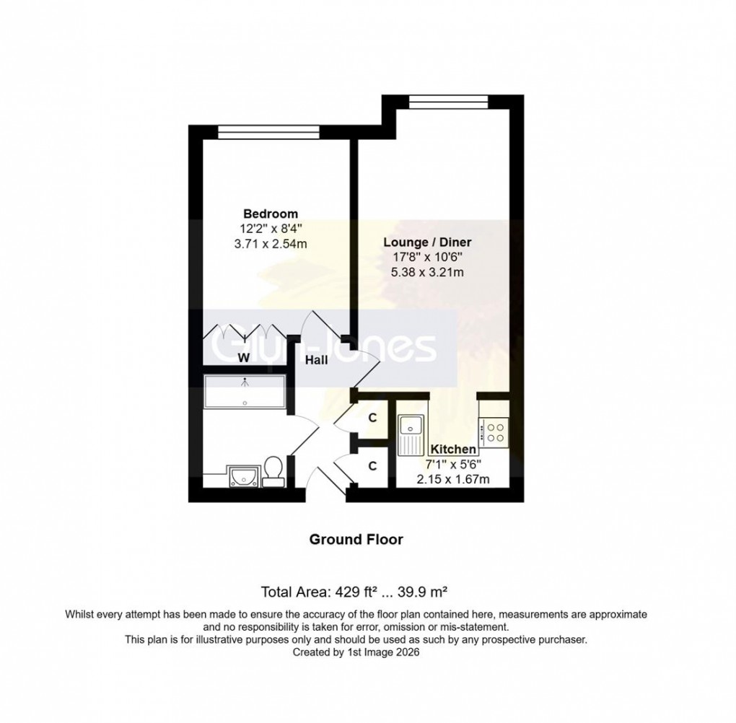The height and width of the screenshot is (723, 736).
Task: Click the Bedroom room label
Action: (271, 214)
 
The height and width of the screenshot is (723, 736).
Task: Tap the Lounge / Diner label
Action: (427, 242)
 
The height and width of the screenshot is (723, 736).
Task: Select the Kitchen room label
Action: (453, 450)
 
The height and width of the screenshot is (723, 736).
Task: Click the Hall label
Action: (317, 359)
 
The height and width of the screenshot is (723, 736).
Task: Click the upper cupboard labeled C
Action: (372, 418)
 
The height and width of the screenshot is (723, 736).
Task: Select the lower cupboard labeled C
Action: (372, 466)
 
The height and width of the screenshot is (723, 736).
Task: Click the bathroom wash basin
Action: (239, 476)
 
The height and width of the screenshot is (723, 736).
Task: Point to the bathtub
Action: (245, 391)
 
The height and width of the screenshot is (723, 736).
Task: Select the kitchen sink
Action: (412, 433)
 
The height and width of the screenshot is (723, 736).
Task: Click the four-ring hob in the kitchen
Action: (495, 431)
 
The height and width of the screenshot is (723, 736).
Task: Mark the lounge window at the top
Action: (447, 100)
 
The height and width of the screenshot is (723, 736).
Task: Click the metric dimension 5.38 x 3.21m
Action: (427, 272)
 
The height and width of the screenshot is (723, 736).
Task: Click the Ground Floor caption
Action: (356, 539)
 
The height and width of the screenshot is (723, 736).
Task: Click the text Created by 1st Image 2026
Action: (356, 652)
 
